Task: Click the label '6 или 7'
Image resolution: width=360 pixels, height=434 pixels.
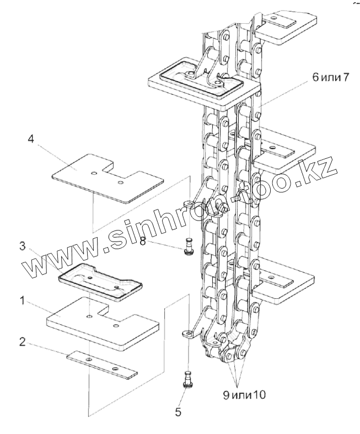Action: (331, 77)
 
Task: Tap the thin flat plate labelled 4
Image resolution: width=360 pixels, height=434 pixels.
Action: (108, 176)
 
